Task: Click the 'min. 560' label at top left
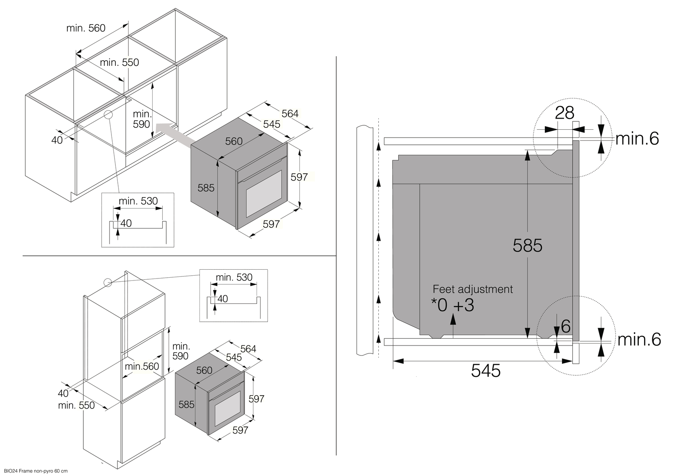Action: coord(86,28)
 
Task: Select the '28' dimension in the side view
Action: coord(564,113)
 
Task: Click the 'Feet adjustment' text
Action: coord(473,289)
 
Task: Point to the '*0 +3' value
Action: coord(453,305)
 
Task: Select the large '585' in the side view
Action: coord(527,246)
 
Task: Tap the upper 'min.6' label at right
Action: coord(637,138)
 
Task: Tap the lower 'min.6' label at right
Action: coord(639,340)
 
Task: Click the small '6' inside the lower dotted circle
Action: coord(566,326)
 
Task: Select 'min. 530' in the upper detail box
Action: coord(138,201)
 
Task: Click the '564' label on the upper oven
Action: coord(290,114)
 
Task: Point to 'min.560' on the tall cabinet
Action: coord(142,366)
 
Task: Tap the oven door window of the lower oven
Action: coord(227,409)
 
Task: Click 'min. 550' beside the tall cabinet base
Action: coord(76,405)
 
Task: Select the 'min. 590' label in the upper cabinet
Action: coord(142,119)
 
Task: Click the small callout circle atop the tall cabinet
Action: coord(107,283)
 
